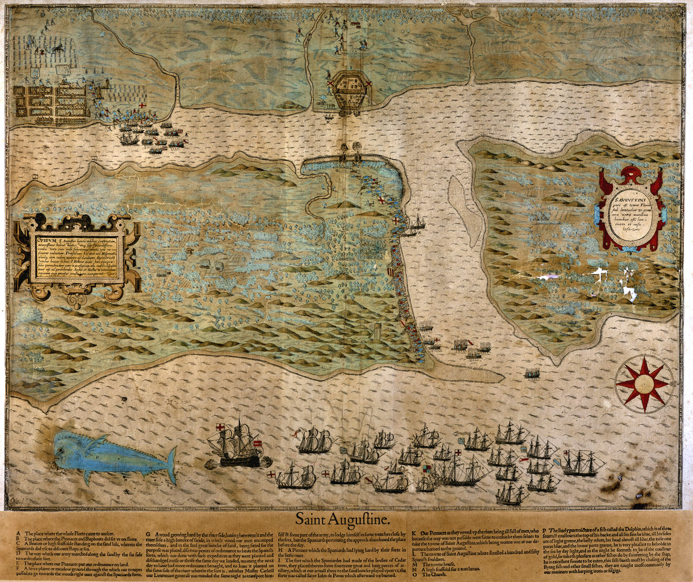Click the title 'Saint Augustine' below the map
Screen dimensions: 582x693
[342, 519]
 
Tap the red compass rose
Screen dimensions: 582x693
[644, 384]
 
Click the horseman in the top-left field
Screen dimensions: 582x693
[57, 50]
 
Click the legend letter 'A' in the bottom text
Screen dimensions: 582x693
[19, 534]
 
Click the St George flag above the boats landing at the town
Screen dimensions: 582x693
[142, 106]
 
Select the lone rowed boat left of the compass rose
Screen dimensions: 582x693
[532, 373]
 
